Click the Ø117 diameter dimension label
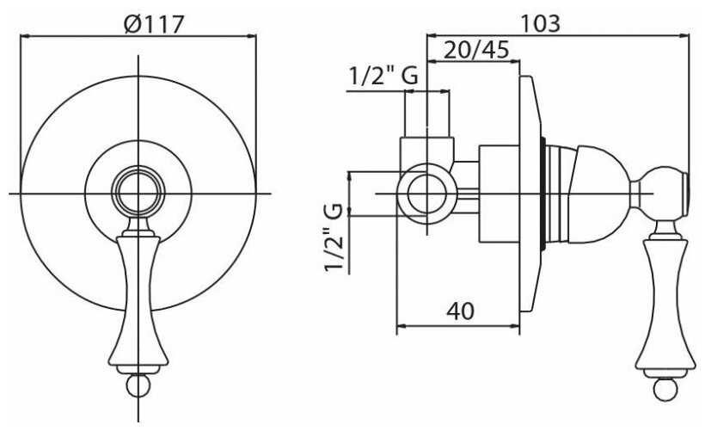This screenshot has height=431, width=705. pos(154,24)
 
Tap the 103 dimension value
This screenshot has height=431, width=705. pos(540,23)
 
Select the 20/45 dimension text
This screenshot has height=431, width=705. pos(476,50)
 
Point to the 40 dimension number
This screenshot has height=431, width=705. pos(461,311)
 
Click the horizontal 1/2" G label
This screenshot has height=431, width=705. pos(383,76)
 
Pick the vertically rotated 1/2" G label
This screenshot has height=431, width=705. pos(334,237)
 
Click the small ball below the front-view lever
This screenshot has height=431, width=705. pos(138,385)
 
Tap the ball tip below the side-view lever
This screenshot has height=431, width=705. pos(665,389)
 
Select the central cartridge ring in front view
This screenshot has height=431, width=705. pos(138,194)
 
